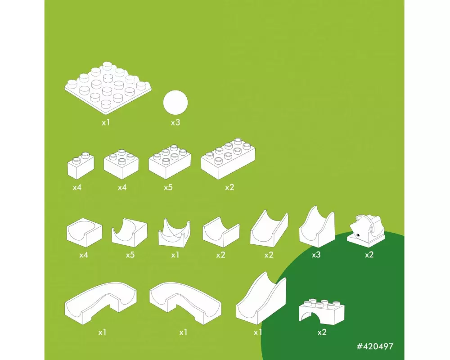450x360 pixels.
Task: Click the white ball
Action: coord(175,103)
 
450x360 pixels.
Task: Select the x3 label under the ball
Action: coord(175,122)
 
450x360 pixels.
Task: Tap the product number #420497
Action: coord(375,346)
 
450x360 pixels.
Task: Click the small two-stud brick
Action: coord(81,166)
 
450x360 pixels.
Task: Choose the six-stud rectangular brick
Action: coord(170,162)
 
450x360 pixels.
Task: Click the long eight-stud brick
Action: coord(228,158)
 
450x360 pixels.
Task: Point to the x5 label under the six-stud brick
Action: coord(168,188)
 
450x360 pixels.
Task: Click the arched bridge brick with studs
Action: coord(322,312)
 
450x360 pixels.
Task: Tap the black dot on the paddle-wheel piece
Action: coord(358,235)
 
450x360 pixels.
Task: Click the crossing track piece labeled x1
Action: coord(175,233)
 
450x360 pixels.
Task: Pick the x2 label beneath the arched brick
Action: coord(322,333)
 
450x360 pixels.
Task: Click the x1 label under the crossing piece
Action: coord(175,255)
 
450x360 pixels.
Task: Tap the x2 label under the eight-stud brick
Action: coord(229,188)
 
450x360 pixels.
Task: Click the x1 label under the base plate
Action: coord(106,122)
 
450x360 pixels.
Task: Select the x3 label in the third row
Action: coord(316,255)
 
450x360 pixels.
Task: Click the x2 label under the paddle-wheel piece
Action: coord(369,255)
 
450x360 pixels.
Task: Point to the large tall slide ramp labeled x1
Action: coord(261,299)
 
